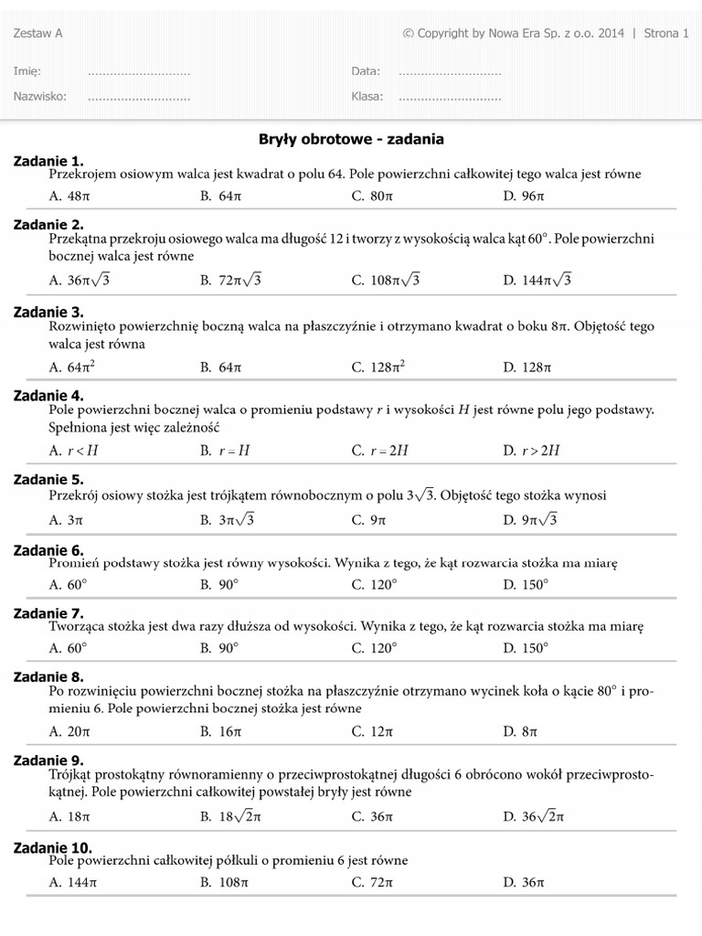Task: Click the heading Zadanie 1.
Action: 48,161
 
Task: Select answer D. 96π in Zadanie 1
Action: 523,196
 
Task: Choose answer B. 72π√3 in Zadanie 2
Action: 230,281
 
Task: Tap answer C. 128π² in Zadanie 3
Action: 378,367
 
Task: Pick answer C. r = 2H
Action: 378,451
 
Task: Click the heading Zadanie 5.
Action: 48,479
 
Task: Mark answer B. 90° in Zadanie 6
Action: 219,584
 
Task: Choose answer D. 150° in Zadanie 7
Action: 526,648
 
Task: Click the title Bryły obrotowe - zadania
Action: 352,140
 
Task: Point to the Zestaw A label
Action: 38,34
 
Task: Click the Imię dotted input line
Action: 139,71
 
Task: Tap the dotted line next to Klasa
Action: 450,96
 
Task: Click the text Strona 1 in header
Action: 666,34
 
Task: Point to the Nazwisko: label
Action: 40,96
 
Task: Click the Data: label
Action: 366,71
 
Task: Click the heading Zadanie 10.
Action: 53,847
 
